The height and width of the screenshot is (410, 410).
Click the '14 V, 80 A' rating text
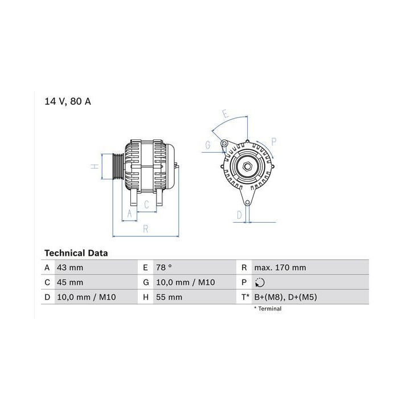[67, 101]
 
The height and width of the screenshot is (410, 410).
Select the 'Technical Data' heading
[76, 253]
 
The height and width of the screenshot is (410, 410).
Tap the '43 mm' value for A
[70, 268]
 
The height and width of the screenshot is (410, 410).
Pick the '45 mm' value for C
[70, 282]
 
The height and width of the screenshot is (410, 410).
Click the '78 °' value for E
[164, 268]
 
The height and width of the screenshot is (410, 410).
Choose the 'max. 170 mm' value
[280, 268]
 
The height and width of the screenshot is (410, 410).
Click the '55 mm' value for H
[169, 297]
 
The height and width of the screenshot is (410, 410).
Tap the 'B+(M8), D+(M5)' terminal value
[285, 297]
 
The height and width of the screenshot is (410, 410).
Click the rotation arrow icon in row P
[260, 282]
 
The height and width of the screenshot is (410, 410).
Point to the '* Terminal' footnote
[268, 309]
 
